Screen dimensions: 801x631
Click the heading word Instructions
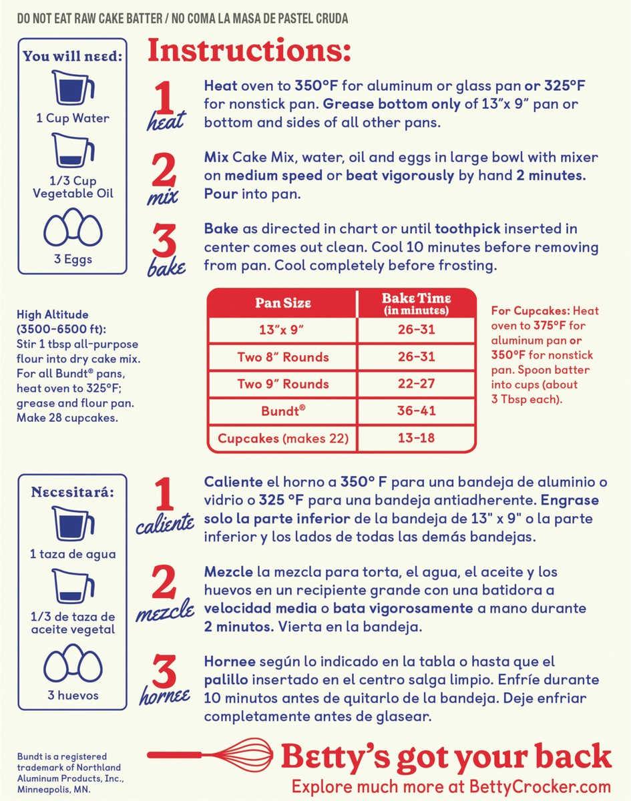(x=248, y=51)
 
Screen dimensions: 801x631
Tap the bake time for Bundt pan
(x=417, y=411)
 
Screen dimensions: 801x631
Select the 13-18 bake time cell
(x=417, y=438)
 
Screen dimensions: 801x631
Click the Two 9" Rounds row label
(x=283, y=384)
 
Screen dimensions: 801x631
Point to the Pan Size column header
(x=283, y=302)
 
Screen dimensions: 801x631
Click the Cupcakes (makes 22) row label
(x=283, y=439)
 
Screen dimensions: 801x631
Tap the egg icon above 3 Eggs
(x=72, y=228)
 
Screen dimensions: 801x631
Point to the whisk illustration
(x=214, y=754)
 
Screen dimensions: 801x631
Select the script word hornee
(x=164, y=696)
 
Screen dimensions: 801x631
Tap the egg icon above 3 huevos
(x=72, y=664)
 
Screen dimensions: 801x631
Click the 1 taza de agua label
(x=72, y=554)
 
